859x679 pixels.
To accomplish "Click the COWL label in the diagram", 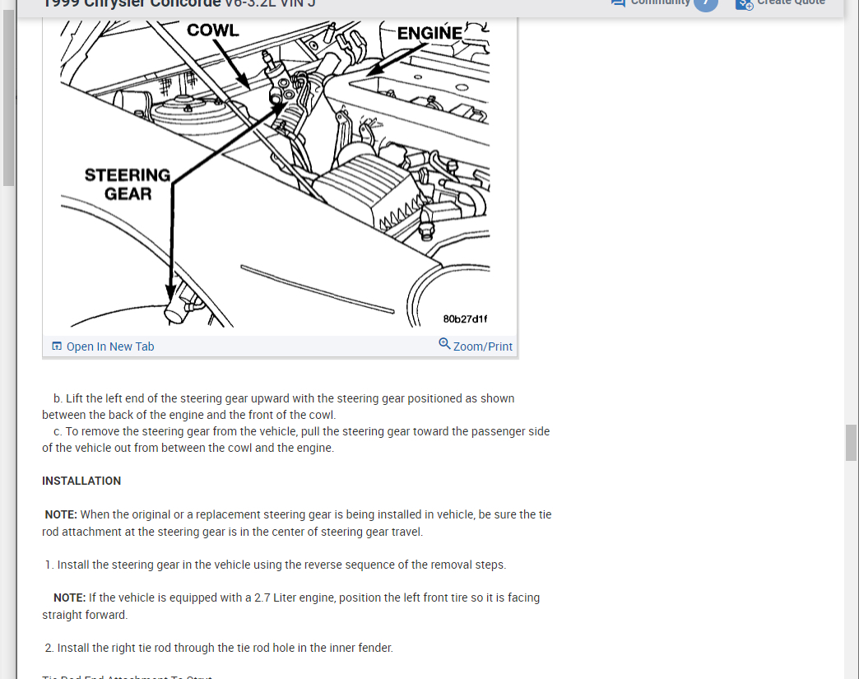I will [x=212, y=30].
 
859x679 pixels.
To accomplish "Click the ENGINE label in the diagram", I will [x=429, y=33].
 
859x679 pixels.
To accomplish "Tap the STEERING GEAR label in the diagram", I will [x=128, y=184].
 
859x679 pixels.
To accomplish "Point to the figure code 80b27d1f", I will [x=465, y=319].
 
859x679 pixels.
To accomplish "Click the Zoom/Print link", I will [x=482, y=346].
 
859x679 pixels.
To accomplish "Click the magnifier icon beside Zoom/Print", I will [x=444, y=344].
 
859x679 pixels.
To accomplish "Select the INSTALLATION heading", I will [x=81, y=481].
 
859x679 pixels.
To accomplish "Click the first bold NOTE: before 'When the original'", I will [x=61, y=514].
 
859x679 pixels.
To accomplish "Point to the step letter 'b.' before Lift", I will [x=58, y=398].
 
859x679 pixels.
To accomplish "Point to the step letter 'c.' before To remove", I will [x=58, y=431].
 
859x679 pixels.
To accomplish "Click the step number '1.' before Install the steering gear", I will [x=49, y=565].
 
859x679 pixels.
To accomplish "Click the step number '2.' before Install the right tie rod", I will [x=49, y=648].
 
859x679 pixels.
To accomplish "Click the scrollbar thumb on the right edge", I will [x=851, y=443].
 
